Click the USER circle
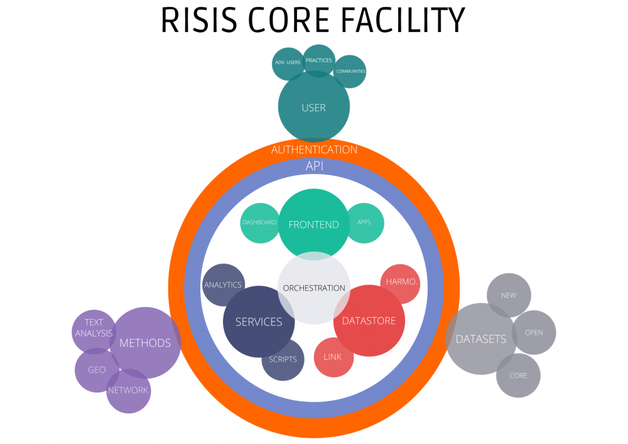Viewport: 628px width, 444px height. [x=313, y=107]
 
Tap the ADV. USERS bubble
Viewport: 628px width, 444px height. [x=288, y=63]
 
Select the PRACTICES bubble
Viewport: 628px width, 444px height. [x=319, y=61]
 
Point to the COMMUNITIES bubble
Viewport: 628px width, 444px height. [x=350, y=71]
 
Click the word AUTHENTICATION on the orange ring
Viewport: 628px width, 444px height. [x=314, y=149]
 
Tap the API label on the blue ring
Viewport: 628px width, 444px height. [x=315, y=166]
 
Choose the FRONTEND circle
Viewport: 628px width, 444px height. [x=313, y=224]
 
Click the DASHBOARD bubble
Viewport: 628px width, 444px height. [x=260, y=223]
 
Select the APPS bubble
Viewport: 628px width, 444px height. [x=364, y=223]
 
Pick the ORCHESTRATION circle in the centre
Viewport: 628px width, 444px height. [x=314, y=288]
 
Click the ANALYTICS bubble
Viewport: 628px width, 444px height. [x=224, y=284]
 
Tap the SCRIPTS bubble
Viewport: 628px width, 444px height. [x=283, y=359]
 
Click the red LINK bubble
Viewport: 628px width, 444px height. [x=333, y=357]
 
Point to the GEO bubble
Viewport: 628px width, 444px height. [x=97, y=370]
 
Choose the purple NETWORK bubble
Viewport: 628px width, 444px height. [x=129, y=391]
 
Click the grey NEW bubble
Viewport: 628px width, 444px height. [x=509, y=295]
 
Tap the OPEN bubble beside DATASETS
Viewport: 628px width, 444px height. [x=534, y=332]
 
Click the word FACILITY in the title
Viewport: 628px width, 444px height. [x=404, y=20]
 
